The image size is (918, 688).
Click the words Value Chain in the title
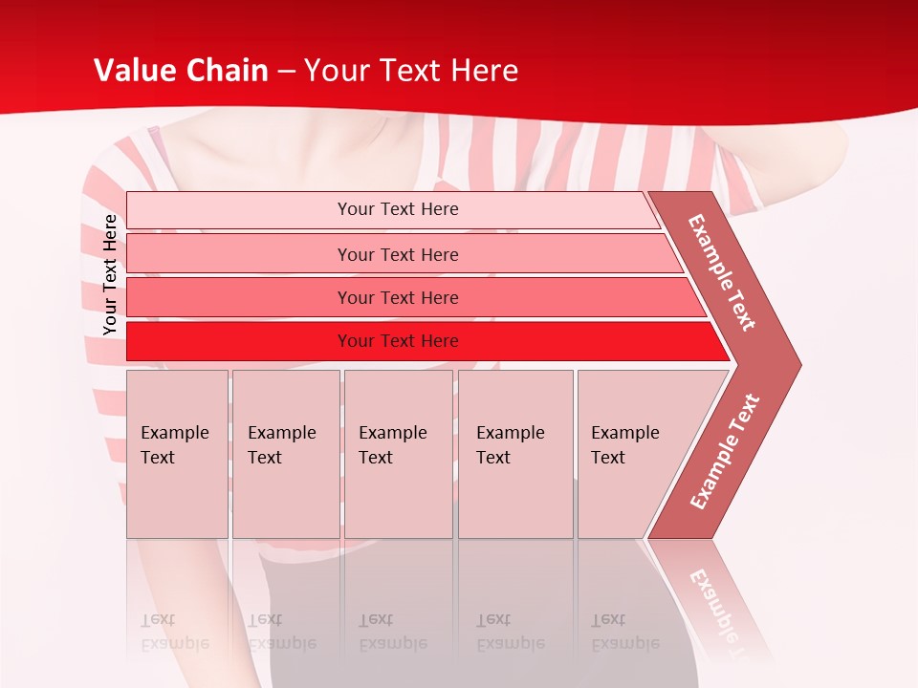coord(181,71)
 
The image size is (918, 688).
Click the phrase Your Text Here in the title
coord(411,71)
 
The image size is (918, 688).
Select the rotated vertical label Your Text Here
coord(110,275)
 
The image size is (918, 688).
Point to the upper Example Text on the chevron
coord(722,272)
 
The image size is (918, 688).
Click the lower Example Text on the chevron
coord(725,451)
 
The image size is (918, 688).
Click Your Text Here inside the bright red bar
coord(398,341)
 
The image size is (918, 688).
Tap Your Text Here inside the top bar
coord(398,209)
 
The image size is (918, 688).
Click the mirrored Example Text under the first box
coord(174,632)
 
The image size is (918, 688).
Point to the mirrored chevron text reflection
coord(719,602)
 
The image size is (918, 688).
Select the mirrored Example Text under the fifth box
coord(624,632)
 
